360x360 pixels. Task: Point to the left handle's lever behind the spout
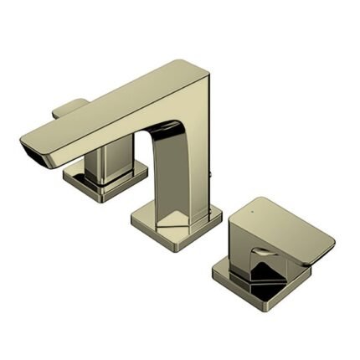point(72,108)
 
